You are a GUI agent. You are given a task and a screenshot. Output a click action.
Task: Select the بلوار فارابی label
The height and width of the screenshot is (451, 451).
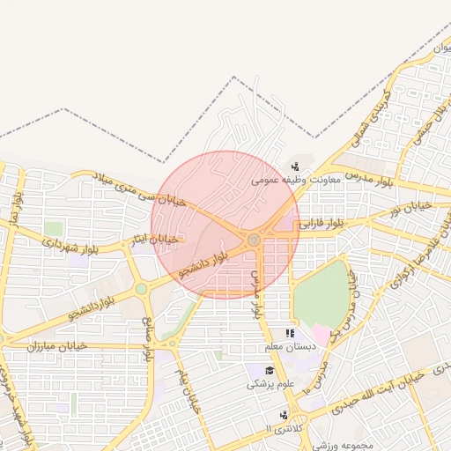click(324, 224)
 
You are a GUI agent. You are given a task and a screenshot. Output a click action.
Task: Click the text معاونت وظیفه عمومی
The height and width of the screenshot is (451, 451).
click(288, 179)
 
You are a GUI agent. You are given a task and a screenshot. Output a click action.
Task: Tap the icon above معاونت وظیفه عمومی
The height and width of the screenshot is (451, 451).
click(295, 166)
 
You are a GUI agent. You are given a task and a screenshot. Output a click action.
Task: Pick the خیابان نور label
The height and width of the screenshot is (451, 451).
click(414, 209)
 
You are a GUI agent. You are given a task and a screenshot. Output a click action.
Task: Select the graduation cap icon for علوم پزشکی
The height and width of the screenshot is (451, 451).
click(270, 370)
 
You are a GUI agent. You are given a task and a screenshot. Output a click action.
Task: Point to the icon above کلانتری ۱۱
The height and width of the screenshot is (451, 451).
click(283, 414)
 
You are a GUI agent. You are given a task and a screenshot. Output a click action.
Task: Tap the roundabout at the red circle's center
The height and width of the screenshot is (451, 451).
click(254, 240)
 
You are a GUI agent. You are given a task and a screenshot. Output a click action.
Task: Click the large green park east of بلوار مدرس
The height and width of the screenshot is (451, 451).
click(321, 294)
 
